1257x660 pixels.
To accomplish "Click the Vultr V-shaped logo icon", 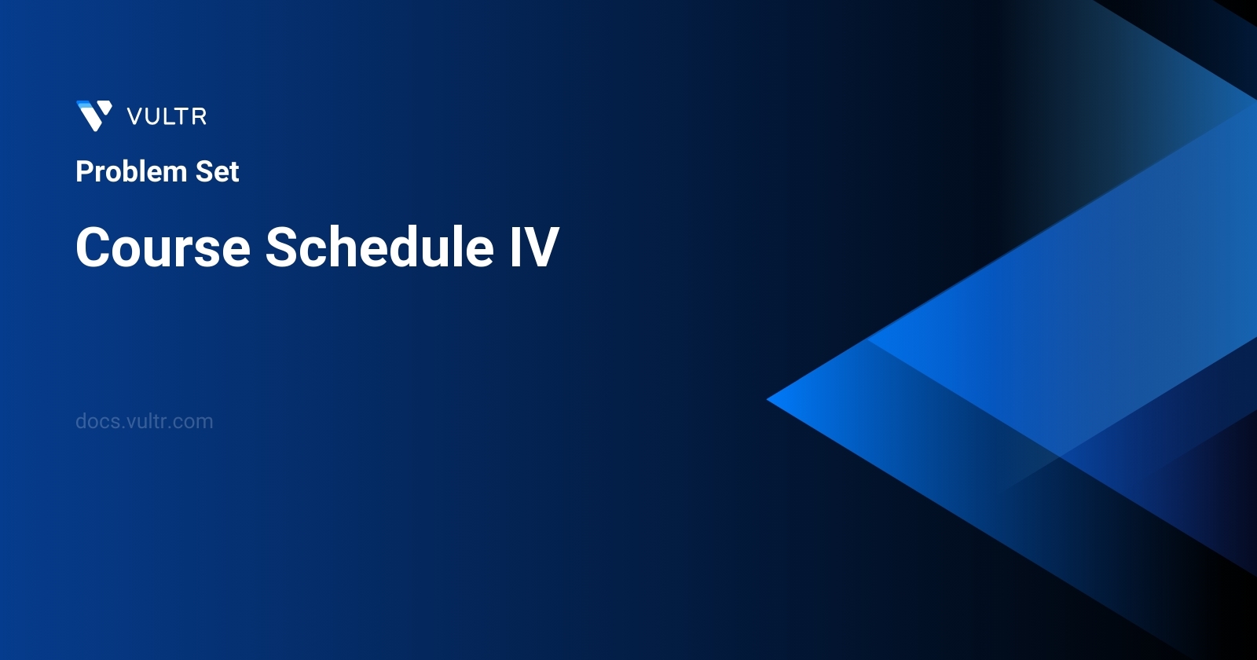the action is [x=94, y=115].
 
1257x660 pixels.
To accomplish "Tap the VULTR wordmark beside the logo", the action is [x=167, y=117].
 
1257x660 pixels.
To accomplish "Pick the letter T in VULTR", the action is [x=181, y=117].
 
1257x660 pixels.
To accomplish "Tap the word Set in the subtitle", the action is [x=217, y=171].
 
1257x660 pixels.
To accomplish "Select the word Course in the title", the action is [x=163, y=247].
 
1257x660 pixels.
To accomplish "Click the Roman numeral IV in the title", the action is [x=534, y=247].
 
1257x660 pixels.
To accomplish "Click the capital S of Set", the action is [x=204, y=171].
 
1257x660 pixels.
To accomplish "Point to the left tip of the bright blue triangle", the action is [x=767, y=399].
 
